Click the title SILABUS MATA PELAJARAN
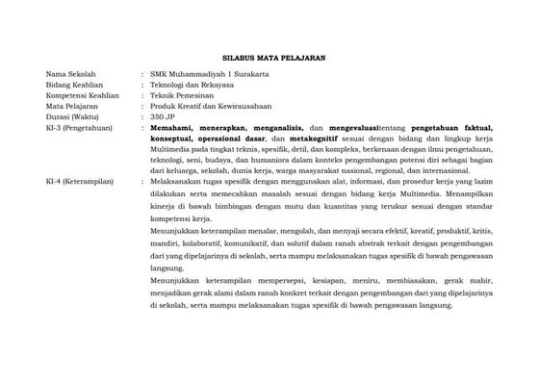point(269,59)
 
